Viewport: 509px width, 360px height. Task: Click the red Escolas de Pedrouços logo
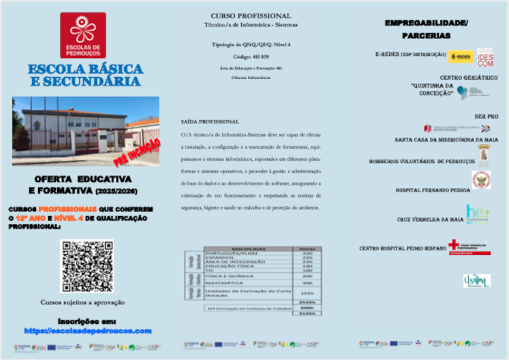pyautogui.click(x=82, y=35)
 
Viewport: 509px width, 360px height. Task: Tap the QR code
pyautogui.click(x=87, y=267)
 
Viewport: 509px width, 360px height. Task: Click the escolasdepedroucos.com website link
pyautogui.click(x=87, y=331)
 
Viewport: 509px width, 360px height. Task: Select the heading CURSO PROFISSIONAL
pyautogui.click(x=251, y=15)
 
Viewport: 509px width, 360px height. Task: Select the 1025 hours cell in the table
pyautogui.click(x=306, y=292)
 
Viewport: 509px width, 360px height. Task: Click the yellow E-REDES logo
pyautogui.click(x=459, y=56)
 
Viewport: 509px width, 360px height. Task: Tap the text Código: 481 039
pyautogui.click(x=251, y=56)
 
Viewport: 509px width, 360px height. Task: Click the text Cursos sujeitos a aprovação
pyautogui.click(x=87, y=301)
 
